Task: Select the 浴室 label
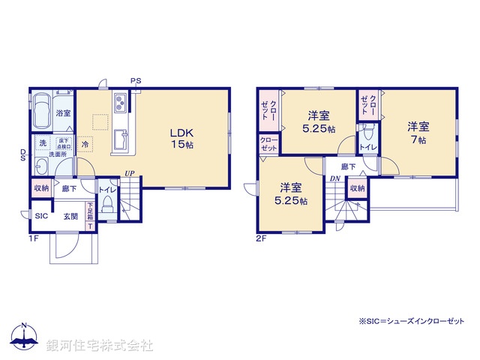click(63, 113)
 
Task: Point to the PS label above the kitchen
click(135, 80)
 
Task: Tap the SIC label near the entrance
click(41, 216)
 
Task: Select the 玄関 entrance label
click(71, 216)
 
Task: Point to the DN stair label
click(334, 178)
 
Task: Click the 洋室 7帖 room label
click(418, 132)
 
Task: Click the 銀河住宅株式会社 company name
click(99, 346)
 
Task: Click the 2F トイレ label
click(367, 146)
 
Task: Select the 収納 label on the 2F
click(356, 188)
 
